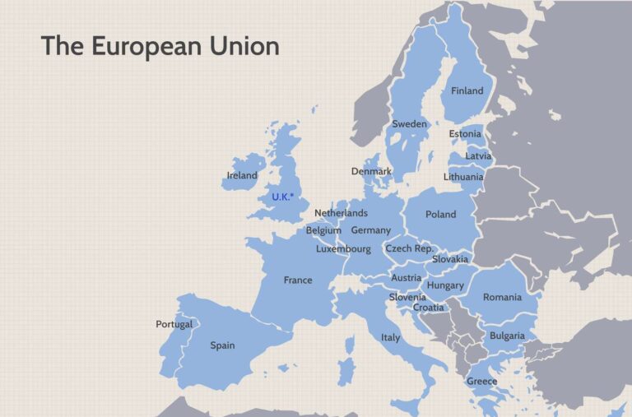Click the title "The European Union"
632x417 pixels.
(x=160, y=46)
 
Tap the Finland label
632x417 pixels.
(x=467, y=90)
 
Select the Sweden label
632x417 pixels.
(x=409, y=124)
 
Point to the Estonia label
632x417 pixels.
(x=465, y=134)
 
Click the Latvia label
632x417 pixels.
(x=477, y=155)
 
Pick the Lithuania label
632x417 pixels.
(x=463, y=177)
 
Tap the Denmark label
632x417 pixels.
(x=371, y=171)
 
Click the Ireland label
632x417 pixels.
(x=242, y=175)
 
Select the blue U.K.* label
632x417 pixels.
(x=282, y=197)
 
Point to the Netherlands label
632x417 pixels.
(x=341, y=213)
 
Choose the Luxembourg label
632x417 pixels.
(x=343, y=248)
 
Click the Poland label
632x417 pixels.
(x=440, y=215)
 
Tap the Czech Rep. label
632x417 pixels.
(x=409, y=248)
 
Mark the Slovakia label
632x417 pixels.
(x=450, y=259)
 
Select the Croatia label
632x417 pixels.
(x=428, y=308)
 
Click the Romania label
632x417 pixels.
(x=502, y=297)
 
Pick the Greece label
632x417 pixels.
(x=481, y=381)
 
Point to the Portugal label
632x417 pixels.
(x=174, y=324)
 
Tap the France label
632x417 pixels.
(x=298, y=280)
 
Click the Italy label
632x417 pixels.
(x=390, y=337)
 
